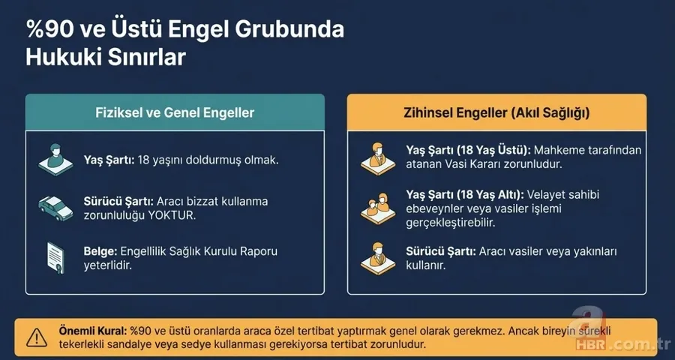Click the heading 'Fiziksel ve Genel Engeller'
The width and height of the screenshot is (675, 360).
(x=175, y=113)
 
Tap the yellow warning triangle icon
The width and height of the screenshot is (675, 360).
(x=35, y=337)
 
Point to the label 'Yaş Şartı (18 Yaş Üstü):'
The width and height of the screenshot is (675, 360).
(x=467, y=150)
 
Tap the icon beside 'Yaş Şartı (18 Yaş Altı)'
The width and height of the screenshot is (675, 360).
(x=377, y=206)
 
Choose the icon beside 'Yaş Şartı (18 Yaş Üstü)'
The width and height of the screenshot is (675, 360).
(x=377, y=156)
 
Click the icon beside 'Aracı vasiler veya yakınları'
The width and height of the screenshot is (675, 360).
(x=377, y=257)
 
